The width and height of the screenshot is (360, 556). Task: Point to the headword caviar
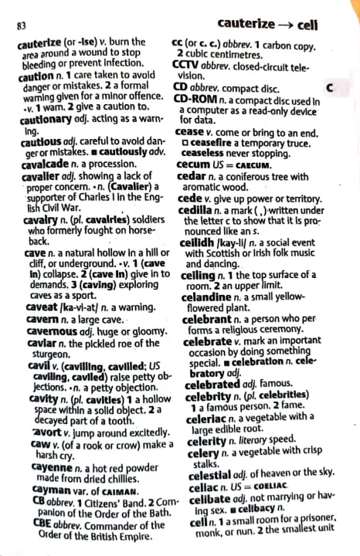36,327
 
